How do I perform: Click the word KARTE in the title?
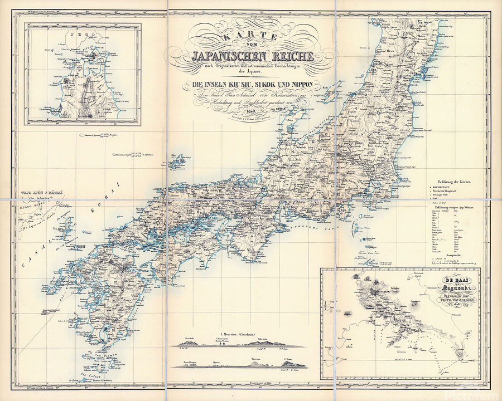click(x=250, y=36)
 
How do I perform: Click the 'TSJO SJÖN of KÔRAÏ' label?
click(x=31, y=192)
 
